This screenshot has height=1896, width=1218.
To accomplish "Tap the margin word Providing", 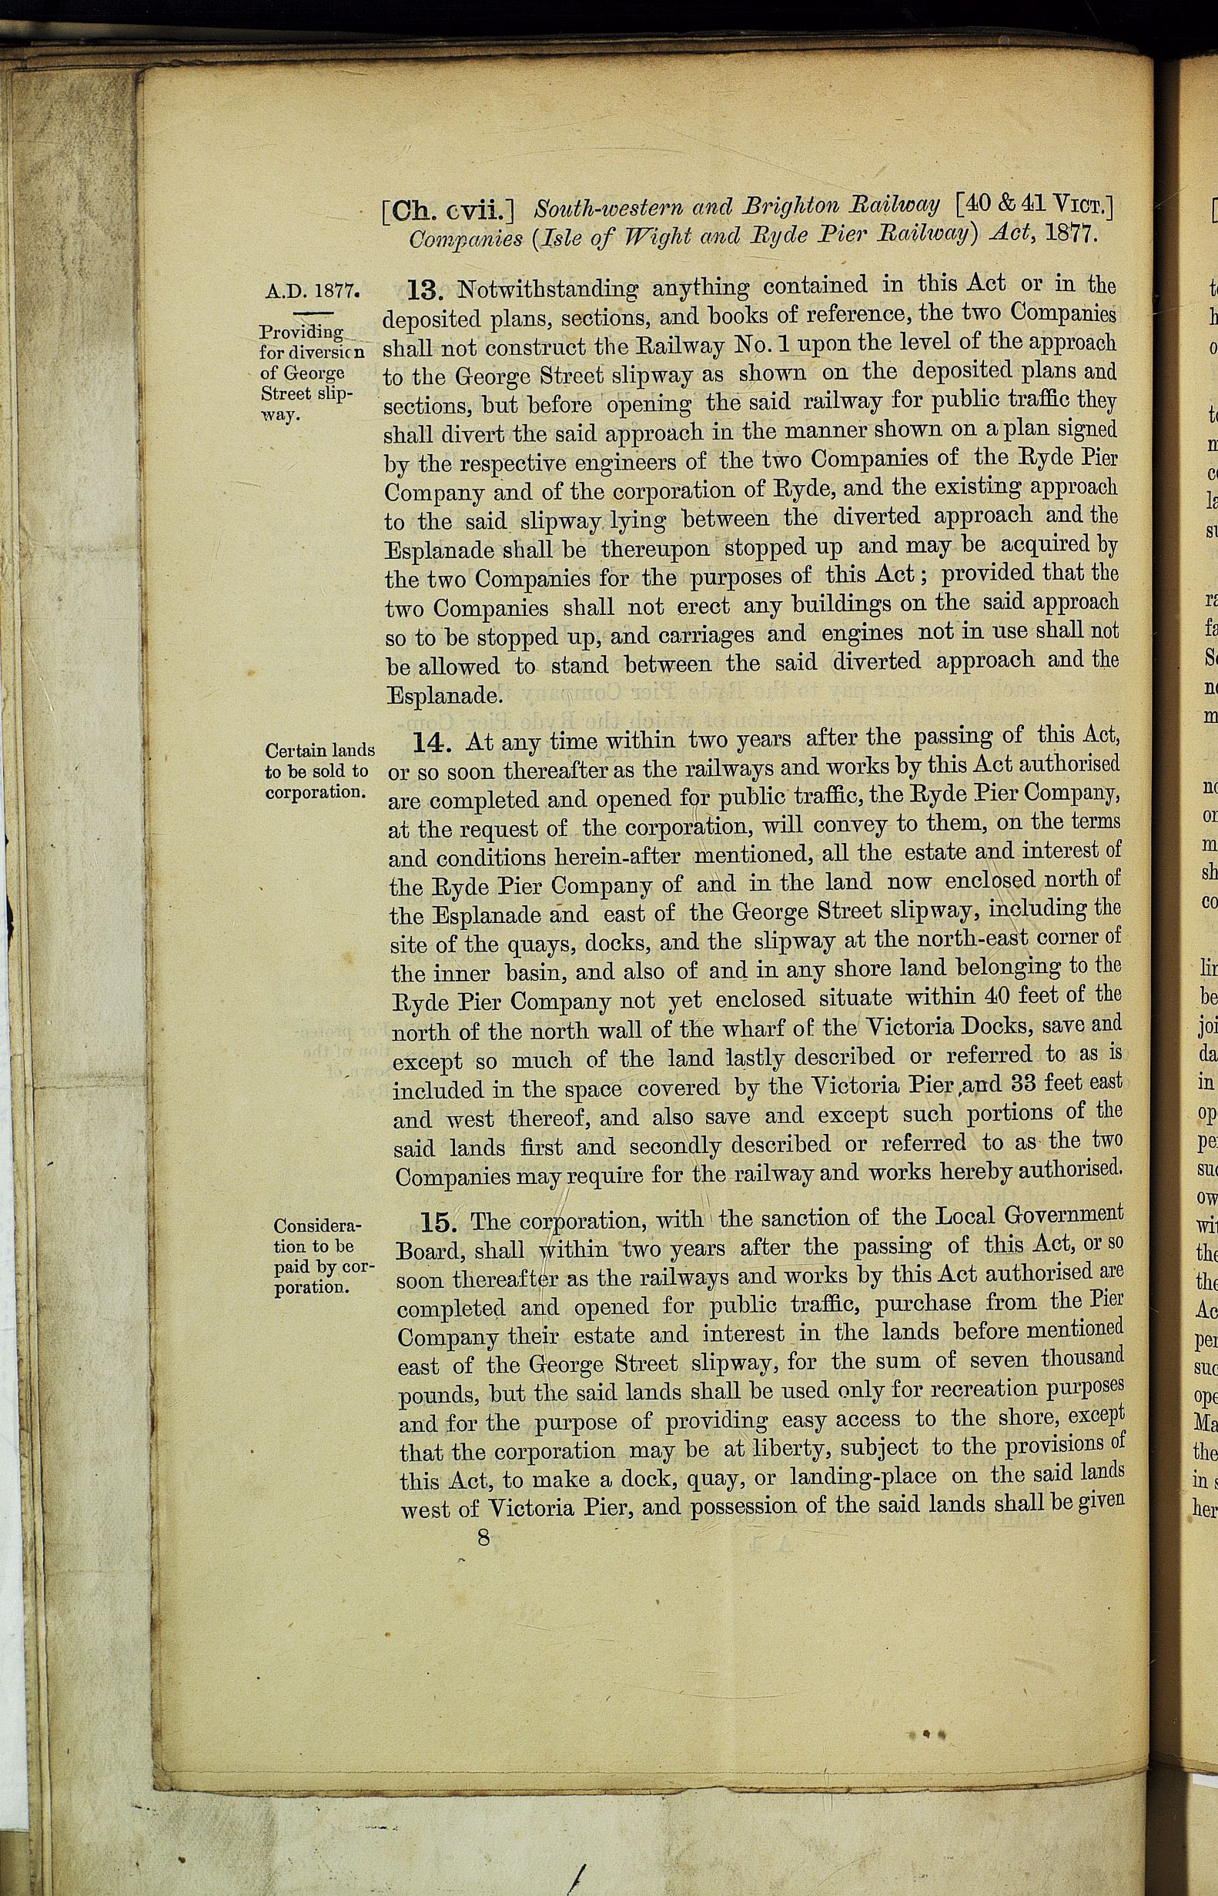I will pos(302,332).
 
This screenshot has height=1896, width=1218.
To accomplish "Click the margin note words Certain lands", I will pos(320,751).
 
